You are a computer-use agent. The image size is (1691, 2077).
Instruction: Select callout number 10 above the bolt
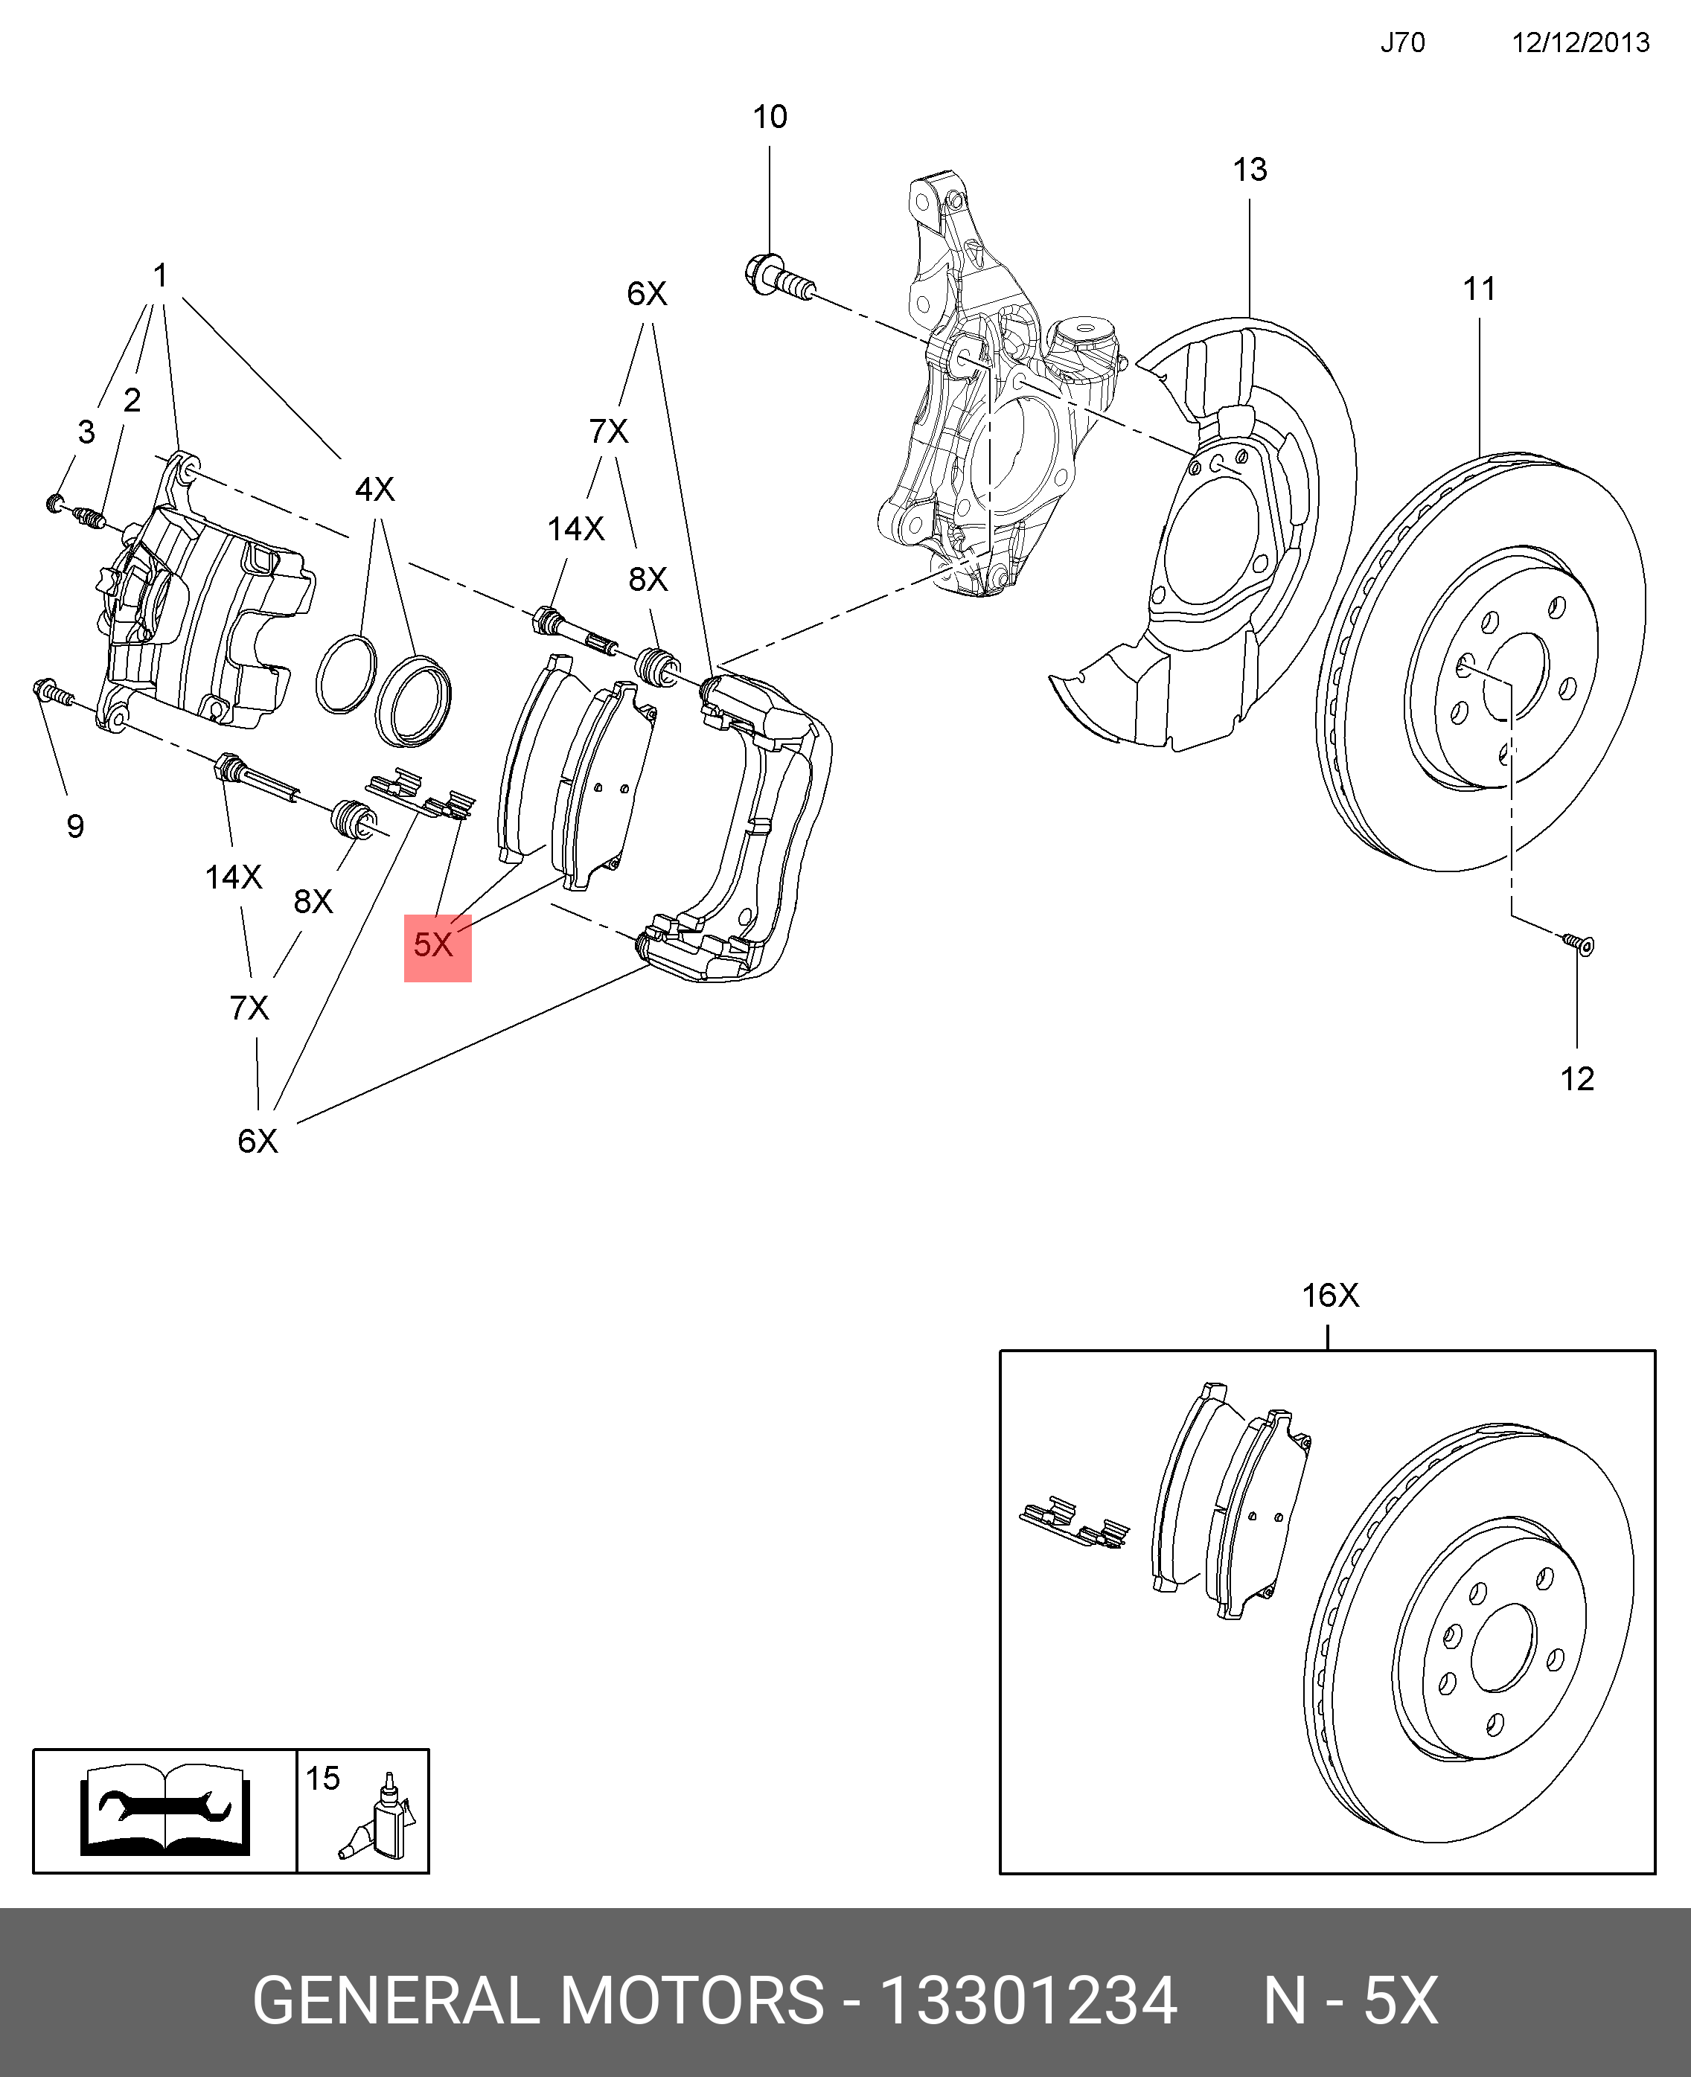click(x=770, y=117)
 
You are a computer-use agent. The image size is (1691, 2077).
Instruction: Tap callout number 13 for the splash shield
click(x=1250, y=170)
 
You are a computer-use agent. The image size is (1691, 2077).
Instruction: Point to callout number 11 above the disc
click(x=1479, y=289)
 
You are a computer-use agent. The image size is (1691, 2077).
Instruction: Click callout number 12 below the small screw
click(x=1577, y=1079)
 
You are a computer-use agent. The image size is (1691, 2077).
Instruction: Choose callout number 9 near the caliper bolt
click(x=75, y=827)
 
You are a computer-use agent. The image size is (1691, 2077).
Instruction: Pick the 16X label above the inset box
click(x=1329, y=1295)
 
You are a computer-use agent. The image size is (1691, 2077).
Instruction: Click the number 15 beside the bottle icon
click(x=322, y=1778)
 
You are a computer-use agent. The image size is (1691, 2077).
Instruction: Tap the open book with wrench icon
click(x=164, y=1810)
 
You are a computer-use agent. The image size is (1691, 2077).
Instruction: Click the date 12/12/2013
click(x=1580, y=43)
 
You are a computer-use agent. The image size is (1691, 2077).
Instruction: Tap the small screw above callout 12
click(x=1579, y=944)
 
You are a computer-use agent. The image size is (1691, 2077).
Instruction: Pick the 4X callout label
click(x=375, y=489)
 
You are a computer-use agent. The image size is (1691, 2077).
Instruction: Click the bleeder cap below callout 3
click(x=56, y=502)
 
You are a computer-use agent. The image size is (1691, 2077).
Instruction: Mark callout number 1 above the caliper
click(x=161, y=275)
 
